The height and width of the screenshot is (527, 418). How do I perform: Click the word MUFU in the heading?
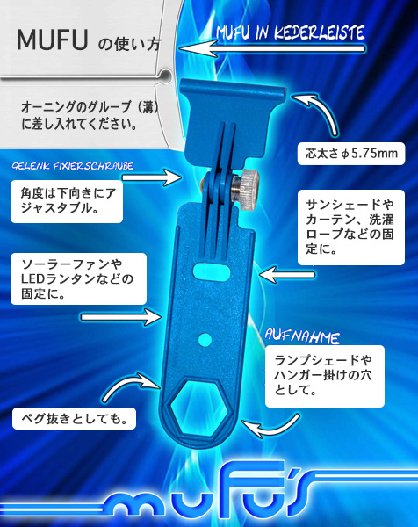pos(53,40)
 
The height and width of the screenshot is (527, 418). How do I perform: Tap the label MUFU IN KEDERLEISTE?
pos(291,33)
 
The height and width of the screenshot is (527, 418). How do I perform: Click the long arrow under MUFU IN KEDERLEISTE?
pos(272,49)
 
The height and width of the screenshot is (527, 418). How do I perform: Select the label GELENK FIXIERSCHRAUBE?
pos(73,166)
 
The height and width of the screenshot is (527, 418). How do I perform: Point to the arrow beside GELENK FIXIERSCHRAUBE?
pos(152,177)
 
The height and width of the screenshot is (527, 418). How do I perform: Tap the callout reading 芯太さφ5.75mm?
pos(351,154)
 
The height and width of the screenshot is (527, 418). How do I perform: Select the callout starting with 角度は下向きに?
pos(67,201)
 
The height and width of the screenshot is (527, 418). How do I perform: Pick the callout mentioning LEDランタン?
pos(79,279)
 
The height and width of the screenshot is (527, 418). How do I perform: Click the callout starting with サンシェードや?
pos(351,227)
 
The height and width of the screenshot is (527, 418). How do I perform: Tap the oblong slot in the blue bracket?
pos(211,271)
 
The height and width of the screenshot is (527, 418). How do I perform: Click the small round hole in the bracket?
pos(205,340)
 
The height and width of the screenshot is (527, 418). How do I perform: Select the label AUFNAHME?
pos(302,336)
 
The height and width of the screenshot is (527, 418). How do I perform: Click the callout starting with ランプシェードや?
pos(325,376)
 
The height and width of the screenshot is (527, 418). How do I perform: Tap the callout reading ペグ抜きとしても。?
pos(74,419)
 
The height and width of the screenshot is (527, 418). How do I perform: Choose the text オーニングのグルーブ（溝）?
pos(90,107)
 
